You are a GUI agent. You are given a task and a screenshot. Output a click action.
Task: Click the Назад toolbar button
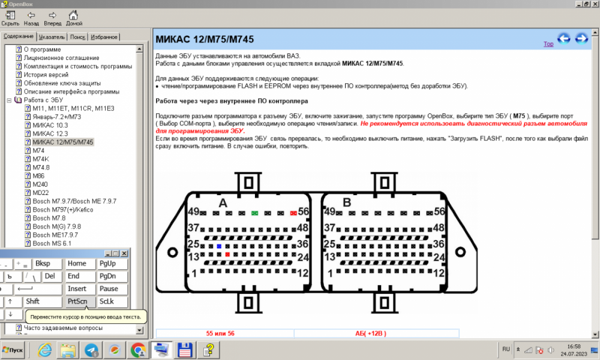tap(32, 18)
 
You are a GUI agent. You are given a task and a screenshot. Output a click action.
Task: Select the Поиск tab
tap(77, 37)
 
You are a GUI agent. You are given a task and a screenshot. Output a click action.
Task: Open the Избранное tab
tap(104, 37)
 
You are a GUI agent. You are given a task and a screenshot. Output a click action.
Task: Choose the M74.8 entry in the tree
tap(41, 167)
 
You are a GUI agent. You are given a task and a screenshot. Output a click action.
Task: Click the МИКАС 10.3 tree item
tap(50, 125)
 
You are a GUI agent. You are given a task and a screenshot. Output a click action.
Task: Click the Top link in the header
tap(548, 44)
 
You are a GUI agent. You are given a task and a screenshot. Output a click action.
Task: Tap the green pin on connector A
tap(255, 213)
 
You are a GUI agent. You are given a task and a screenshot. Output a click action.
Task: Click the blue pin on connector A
tap(220, 247)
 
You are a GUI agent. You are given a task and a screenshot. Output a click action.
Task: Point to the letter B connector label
tap(346, 203)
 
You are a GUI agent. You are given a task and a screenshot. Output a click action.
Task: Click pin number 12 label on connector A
tap(302, 273)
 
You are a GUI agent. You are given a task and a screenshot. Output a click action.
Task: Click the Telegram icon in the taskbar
tap(92, 349)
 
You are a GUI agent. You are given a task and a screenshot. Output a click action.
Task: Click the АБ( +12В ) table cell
tap(370, 333)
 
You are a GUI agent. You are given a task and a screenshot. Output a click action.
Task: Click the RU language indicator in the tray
tap(506, 349)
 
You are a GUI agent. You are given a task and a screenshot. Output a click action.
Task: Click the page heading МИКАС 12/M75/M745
tap(205, 40)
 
